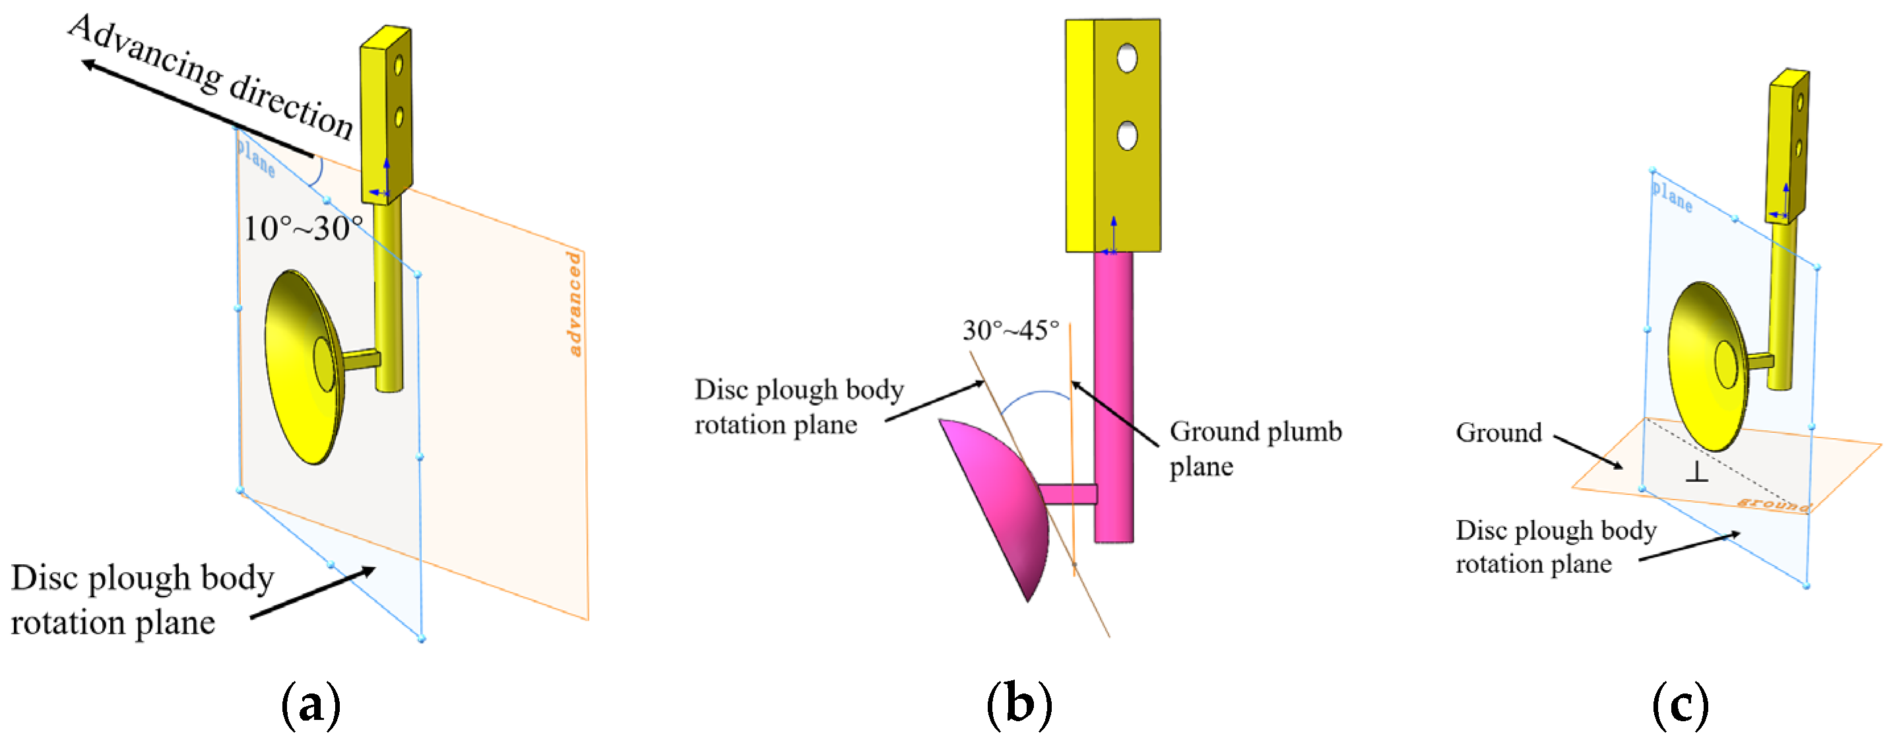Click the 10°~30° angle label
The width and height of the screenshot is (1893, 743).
coord(303,228)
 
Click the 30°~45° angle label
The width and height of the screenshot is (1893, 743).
coord(1010,331)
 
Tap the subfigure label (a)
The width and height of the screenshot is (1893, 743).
coord(311,705)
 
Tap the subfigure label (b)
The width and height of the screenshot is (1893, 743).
coord(1019,705)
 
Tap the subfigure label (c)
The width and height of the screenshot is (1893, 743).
coord(1680,705)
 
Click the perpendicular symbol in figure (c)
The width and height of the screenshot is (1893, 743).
coord(1696,472)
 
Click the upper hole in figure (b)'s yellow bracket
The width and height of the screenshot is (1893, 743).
coord(1126,58)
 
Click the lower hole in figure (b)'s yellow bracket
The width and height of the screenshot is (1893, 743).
coord(1126,135)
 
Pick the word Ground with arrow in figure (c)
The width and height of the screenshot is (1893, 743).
coord(1498,433)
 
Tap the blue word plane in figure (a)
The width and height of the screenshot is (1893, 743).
coord(256,157)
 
